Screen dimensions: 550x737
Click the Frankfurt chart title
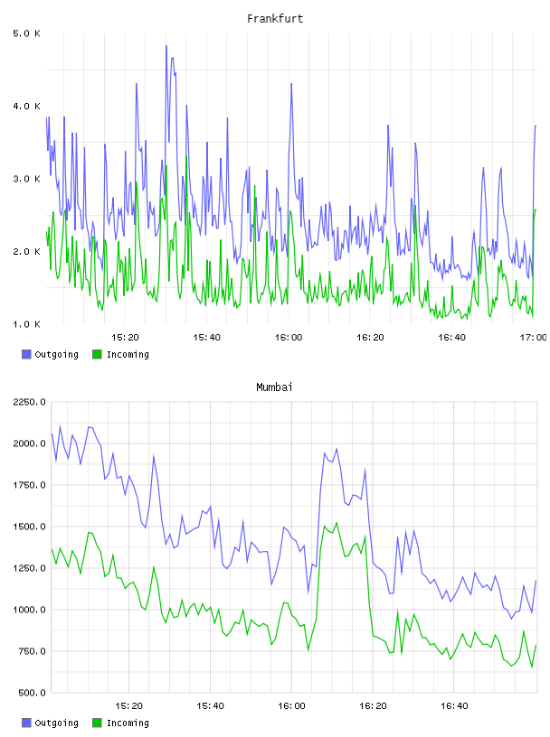(275, 19)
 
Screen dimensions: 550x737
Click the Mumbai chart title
(274, 387)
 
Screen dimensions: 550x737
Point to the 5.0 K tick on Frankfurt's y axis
(27, 33)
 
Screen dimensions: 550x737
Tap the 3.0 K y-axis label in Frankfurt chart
(27, 179)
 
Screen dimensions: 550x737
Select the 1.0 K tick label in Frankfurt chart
(27, 324)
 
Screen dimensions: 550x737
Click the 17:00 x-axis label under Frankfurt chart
(533, 337)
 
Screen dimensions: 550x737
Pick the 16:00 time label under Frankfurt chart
(289, 337)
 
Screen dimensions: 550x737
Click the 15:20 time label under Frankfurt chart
(125, 337)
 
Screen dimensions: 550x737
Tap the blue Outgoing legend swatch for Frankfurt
(26, 354)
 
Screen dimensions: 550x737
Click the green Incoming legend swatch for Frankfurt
(97, 354)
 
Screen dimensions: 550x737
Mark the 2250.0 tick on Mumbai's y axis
(29, 402)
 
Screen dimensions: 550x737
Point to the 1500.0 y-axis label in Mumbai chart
(29, 527)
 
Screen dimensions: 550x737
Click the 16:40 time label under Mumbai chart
(454, 705)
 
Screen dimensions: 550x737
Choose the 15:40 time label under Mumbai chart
(210, 705)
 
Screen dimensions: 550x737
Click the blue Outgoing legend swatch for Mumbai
(26, 723)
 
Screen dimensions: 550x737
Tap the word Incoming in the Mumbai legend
(128, 723)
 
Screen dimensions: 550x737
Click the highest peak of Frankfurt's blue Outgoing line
(166, 45)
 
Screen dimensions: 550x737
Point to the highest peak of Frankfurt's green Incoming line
(186, 155)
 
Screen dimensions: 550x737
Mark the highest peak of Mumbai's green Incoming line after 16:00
(337, 523)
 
